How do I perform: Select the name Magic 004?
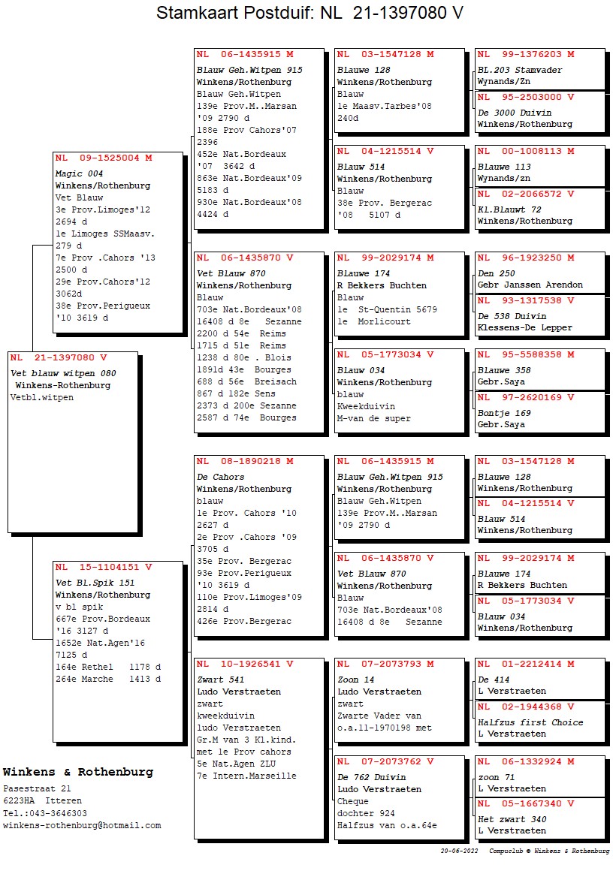[x=80, y=173]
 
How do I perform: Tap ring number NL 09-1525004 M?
[x=104, y=158]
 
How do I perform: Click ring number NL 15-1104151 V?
[x=104, y=568]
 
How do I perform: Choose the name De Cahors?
[x=220, y=477]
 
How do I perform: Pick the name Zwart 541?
[x=220, y=680]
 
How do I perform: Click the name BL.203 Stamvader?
[x=520, y=70]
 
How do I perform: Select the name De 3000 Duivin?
[x=515, y=113]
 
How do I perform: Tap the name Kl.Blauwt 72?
[x=509, y=209]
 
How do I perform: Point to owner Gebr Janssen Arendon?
[x=530, y=285]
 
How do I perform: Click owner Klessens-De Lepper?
[x=524, y=328]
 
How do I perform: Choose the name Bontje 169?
[x=504, y=413]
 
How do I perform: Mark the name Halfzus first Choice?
[x=530, y=722]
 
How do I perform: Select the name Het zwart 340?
[x=512, y=819]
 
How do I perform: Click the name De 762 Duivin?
[x=371, y=777]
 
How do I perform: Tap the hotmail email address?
[x=82, y=825]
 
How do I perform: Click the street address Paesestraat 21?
[x=37, y=789]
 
